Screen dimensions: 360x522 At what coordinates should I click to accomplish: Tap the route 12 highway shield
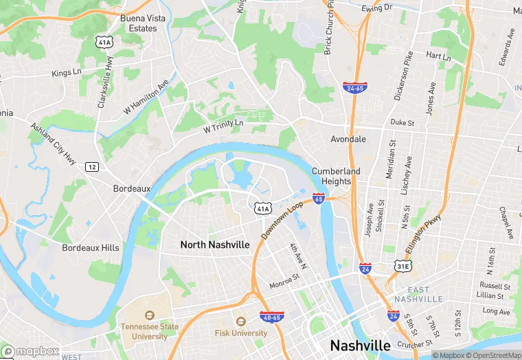[x=91, y=167]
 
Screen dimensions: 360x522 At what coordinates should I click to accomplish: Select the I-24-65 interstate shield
[x=354, y=88]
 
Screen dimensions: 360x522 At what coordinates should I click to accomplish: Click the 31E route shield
[x=403, y=266]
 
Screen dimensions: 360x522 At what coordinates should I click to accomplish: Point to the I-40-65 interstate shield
[x=271, y=317]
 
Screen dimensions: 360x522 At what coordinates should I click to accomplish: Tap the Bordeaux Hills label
[x=90, y=248]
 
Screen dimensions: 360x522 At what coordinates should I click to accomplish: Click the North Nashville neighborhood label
[x=215, y=245]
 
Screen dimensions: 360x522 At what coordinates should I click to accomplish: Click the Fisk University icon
[x=240, y=321]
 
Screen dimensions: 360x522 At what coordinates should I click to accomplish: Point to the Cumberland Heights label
[x=336, y=177]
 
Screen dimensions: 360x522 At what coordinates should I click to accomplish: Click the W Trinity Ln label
[x=223, y=126]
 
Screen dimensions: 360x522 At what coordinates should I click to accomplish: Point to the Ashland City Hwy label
[x=52, y=144]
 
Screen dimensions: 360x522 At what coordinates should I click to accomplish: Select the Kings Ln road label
[x=67, y=72]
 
